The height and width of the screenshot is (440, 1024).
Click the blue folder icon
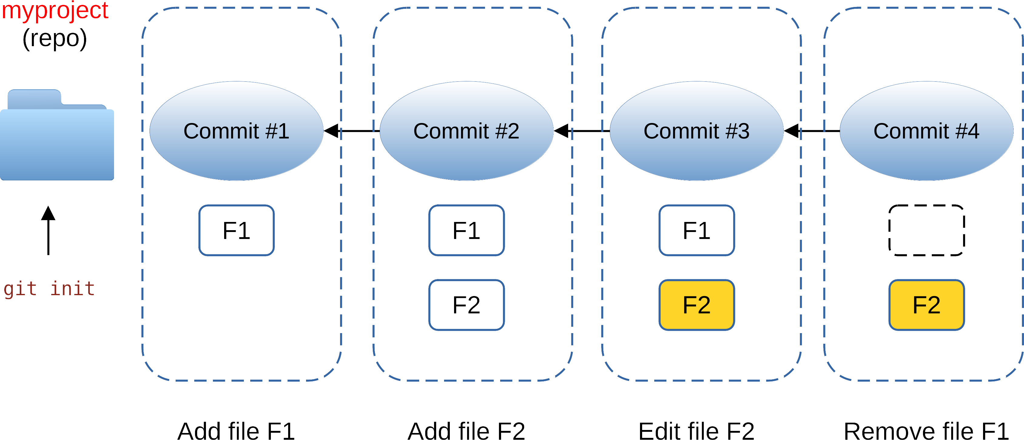(x=57, y=139)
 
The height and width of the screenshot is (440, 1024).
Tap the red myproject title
(x=55, y=10)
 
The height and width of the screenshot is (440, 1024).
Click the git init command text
(x=49, y=288)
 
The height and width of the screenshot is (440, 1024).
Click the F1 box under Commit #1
(x=237, y=230)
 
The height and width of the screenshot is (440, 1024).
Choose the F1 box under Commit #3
(x=696, y=230)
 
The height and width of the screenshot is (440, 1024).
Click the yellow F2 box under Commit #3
(x=696, y=305)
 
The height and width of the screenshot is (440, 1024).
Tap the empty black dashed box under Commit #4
(x=926, y=230)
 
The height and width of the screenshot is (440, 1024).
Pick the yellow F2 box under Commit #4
(x=926, y=305)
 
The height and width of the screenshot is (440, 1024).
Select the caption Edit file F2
(x=696, y=431)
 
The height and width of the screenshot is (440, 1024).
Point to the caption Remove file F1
(x=926, y=431)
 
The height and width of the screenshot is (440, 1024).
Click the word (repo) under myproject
(x=55, y=39)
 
